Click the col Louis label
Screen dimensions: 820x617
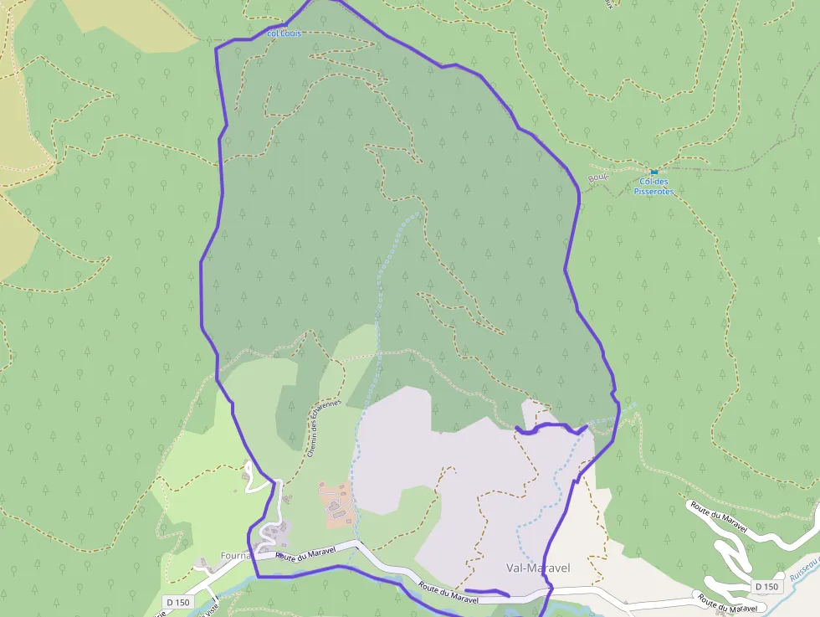tap(284, 33)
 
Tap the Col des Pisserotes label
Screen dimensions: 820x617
tap(654, 187)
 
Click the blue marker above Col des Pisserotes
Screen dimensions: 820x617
tap(653, 172)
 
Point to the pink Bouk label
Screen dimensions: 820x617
tap(598, 177)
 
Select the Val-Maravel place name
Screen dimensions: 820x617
tap(538, 568)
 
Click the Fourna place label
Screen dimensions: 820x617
tap(238, 554)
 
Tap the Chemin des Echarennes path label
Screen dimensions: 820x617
tap(323, 428)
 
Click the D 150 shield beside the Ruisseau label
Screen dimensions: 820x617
tap(766, 586)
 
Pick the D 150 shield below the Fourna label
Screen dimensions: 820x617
tap(177, 601)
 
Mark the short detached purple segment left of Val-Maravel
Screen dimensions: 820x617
tap(485, 594)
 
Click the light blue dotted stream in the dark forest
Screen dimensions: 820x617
tap(381, 285)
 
